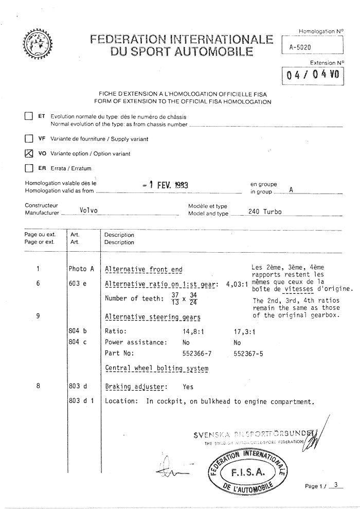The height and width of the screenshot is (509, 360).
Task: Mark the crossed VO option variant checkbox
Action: pos(29,153)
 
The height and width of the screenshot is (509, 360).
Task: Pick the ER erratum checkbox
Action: pos(29,168)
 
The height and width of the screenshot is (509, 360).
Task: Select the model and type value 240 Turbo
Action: pos(265,213)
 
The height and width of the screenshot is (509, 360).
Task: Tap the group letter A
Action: pos(291,190)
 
